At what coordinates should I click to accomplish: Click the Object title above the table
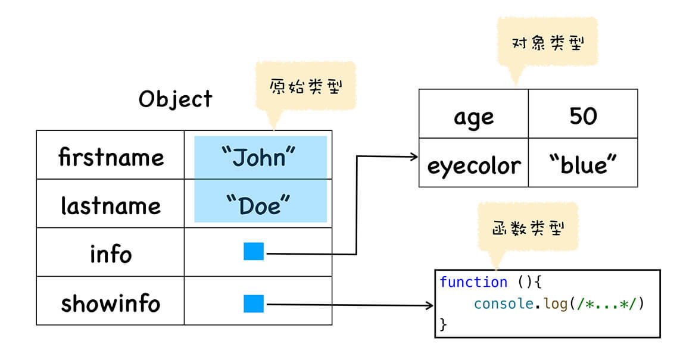(175, 99)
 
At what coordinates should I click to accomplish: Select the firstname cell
(111, 156)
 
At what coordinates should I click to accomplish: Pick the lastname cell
(111, 205)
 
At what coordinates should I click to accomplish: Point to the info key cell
(111, 253)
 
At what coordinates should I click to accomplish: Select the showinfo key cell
(111, 303)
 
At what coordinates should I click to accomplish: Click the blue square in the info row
(254, 251)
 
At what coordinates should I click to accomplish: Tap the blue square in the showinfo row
(254, 303)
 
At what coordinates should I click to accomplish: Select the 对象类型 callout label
(547, 43)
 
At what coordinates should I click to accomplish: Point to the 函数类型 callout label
(528, 227)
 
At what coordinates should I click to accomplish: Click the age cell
(473, 115)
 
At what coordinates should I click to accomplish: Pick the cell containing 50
(582, 115)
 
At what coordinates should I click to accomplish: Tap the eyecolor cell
(473, 164)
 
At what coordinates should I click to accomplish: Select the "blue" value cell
(582, 164)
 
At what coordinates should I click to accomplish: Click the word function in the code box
(473, 282)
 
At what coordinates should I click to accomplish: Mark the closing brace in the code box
(443, 324)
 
